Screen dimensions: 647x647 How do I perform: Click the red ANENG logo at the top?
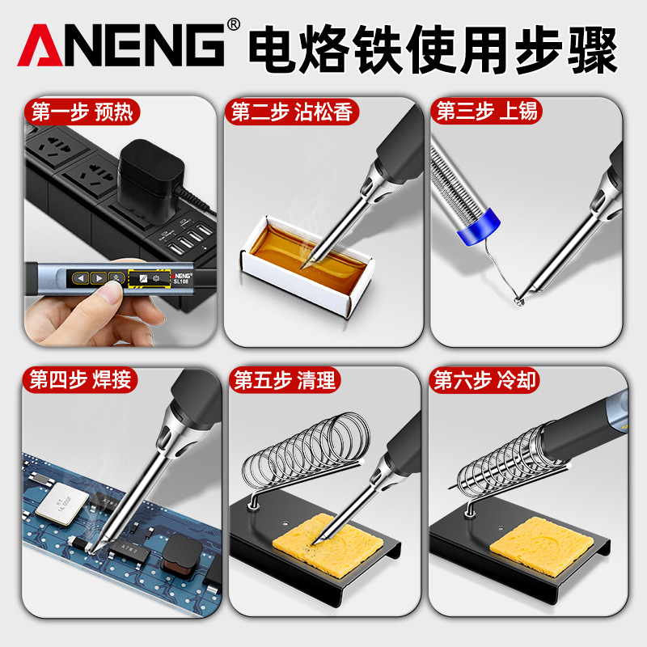click(122, 44)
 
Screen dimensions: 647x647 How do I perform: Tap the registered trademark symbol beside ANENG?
click(234, 25)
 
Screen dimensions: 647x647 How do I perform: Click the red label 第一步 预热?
click(82, 112)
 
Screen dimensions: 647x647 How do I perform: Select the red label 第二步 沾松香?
click(291, 112)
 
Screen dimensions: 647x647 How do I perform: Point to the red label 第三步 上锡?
click(487, 111)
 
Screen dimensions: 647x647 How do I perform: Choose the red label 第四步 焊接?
click(79, 379)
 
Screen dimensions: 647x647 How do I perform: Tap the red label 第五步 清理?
click(285, 379)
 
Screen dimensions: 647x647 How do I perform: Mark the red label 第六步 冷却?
click(484, 379)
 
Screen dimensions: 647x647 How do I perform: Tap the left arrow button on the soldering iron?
click(80, 278)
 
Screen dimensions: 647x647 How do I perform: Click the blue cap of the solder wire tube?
click(480, 226)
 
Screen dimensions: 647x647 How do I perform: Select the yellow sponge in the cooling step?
click(541, 544)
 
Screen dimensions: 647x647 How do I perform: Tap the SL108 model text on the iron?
click(180, 281)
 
